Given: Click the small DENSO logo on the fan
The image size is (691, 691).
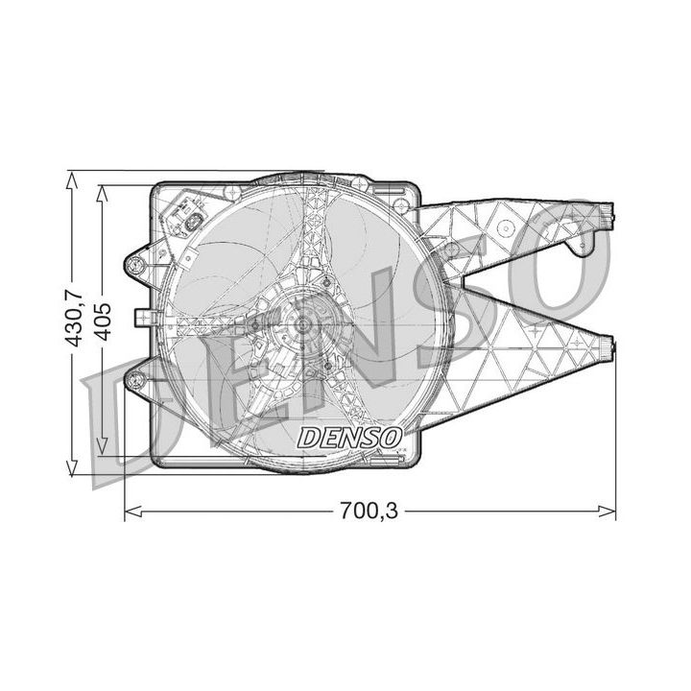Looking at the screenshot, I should (349, 437).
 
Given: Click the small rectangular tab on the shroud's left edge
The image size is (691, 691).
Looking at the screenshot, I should (144, 318).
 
